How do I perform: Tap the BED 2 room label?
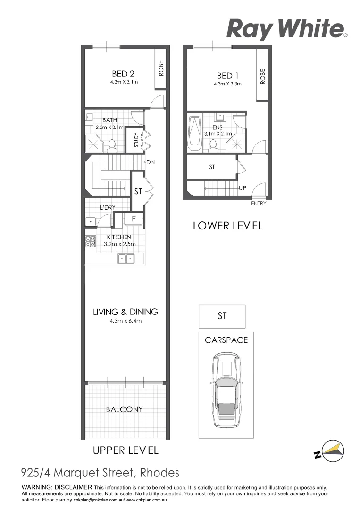tap(123, 74)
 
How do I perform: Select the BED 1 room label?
tap(225, 76)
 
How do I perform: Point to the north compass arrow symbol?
tap(329, 451)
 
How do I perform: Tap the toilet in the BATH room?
tap(112, 145)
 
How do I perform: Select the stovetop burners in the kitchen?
tap(90, 242)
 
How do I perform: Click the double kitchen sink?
tap(126, 258)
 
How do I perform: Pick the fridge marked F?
tap(134, 219)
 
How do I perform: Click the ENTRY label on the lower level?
tap(259, 204)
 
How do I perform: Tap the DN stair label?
tap(151, 162)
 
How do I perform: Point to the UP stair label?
tap(243, 188)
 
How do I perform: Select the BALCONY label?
tap(124, 409)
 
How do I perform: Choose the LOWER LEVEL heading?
tap(227, 226)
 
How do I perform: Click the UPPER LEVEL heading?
tap(125, 450)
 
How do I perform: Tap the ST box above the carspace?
tap(222, 316)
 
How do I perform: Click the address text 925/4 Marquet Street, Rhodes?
tap(100, 473)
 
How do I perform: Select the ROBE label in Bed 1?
tap(262, 77)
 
